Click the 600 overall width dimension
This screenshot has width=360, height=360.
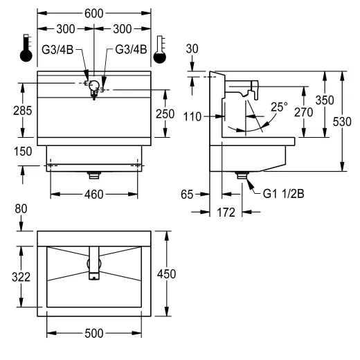pyautogui.click(x=93, y=14)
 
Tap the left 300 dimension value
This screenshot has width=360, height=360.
pyautogui.click(x=66, y=29)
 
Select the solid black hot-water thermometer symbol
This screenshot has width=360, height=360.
pyautogui.click(x=26, y=48)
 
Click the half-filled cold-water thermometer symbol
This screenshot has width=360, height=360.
pyautogui.click(x=160, y=49)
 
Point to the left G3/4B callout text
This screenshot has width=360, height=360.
pyautogui.click(x=57, y=50)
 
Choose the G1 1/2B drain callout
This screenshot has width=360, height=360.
pyautogui.click(x=283, y=194)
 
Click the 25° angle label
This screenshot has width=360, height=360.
pyautogui.click(x=279, y=107)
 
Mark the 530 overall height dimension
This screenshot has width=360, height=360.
pyautogui.click(x=342, y=122)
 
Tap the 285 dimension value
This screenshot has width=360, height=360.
pyautogui.click(x=22, y=111)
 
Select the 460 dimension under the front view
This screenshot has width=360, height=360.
pyautogui.click(x=93, y=195)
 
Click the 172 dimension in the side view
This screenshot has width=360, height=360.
pyautogui.click(x=226, y=213)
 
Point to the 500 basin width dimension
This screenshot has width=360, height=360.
pyautogui.click(x=94, y=333)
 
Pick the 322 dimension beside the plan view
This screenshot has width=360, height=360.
pyautogui.click(x=21, y=277)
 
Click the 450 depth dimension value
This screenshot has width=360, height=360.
pyautogui.click(x=166, y=274)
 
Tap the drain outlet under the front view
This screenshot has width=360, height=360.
pyautogui.click(x=94, y=175)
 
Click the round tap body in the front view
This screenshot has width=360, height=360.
pyautogui.click(x=94, y=85)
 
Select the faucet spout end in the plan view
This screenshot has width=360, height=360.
pyautogui.click(x=94, y=276)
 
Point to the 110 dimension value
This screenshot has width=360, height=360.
pyautogui.click(x=192, y=117)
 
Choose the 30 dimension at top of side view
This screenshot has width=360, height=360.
pyautogui.click(x=192, y=49)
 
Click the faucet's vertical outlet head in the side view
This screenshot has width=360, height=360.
pyautogui.click(x=255, y=90)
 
